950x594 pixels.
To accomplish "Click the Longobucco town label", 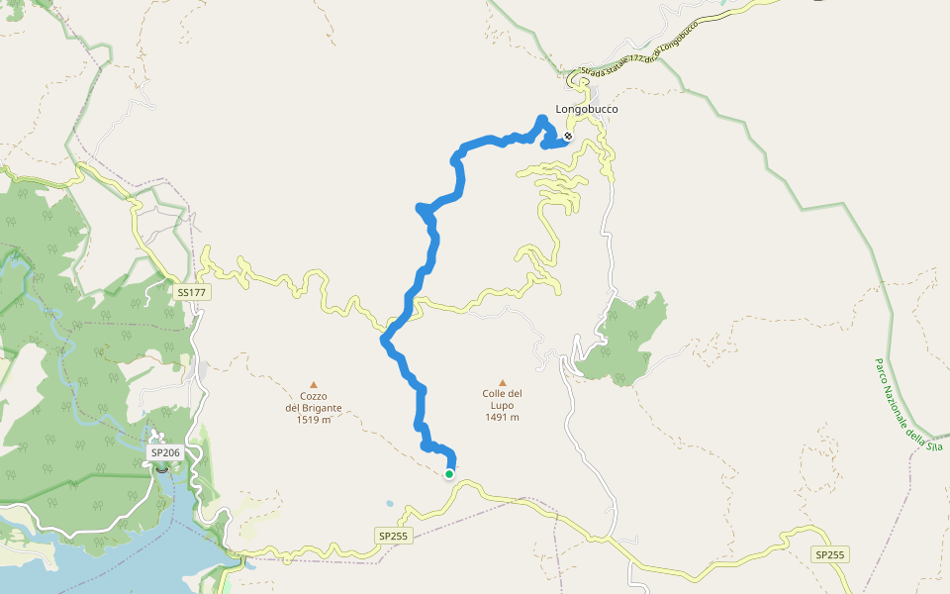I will (x=587, y=109).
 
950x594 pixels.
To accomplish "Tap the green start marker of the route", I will (x=449, y=474).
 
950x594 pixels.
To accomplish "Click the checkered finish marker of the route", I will (x=568, y=137).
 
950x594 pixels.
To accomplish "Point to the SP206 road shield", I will (x=163, y=452).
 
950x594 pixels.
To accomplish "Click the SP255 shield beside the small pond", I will (x=393, y=536).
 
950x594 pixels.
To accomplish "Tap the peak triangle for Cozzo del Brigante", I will (x=314, y=384).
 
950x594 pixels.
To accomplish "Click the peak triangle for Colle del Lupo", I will (x=503, y=382).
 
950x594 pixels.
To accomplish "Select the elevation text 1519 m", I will (x=314, y=420).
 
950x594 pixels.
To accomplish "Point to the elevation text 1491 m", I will (x=503, y=417).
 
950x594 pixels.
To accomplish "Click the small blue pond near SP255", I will (x=391, y=504).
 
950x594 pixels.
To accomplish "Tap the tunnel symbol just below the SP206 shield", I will (x=162, y=469).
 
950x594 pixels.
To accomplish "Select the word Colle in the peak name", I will (x=495, y=394).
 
